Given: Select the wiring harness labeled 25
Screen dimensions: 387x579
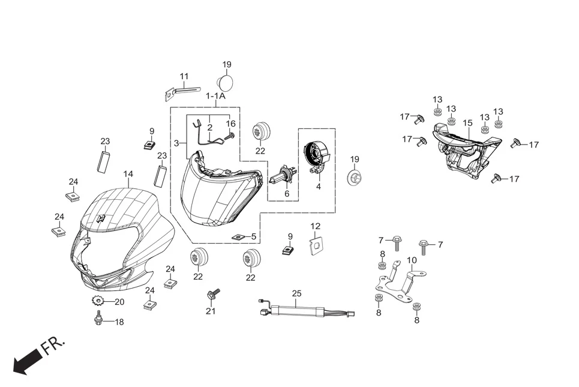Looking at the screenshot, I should click(306, 311).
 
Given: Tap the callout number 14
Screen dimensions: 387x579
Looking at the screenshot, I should click(128, 174).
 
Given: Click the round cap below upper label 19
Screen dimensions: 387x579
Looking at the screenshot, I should click(224, 82).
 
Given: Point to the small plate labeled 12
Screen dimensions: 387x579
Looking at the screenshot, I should click(316, 246).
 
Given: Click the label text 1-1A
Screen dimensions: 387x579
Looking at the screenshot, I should click(215, 96).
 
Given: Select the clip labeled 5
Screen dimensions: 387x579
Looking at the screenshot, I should click(238, 237).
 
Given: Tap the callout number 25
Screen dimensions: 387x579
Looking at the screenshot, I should click(297, 293).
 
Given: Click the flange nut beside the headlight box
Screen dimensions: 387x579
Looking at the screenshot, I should click(354, 178).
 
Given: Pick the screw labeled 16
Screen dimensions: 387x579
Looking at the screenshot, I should click(228, 137).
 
